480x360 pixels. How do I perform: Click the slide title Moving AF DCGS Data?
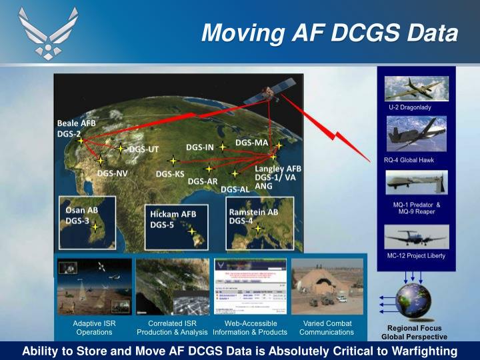pos(329,32)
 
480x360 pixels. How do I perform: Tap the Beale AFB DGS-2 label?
pos(76,128)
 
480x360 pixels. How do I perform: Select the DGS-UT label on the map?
pos(143,149)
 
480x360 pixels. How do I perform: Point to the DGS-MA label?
pos(251,143)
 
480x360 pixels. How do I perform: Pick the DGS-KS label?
pos(170,174)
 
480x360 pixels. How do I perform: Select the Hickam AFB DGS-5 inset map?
pos(175,227)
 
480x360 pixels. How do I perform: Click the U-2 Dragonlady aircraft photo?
pos(417,88)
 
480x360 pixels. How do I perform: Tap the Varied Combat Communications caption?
pos(327,327)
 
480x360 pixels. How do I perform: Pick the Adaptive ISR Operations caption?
pos(94,327)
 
